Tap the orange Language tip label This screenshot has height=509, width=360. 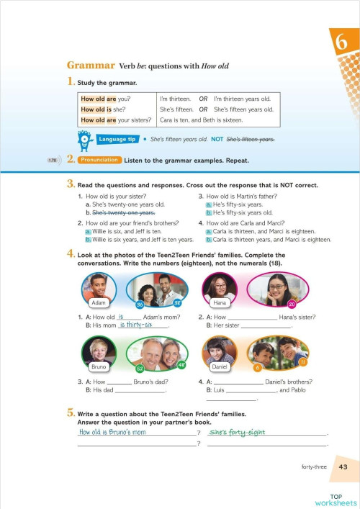coord(117,138)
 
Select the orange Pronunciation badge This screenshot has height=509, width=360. coord(99,159)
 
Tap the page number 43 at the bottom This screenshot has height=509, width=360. coord(343,467)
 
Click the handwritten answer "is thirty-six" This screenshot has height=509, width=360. coord(139,326)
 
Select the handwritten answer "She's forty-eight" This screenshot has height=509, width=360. coord(237,433)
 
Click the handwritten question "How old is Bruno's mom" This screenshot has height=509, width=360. coord(112,433)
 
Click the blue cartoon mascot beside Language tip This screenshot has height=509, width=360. coord(85,138)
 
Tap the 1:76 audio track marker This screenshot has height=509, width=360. coord(53,160)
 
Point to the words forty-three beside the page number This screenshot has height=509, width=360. coord(315,467)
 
